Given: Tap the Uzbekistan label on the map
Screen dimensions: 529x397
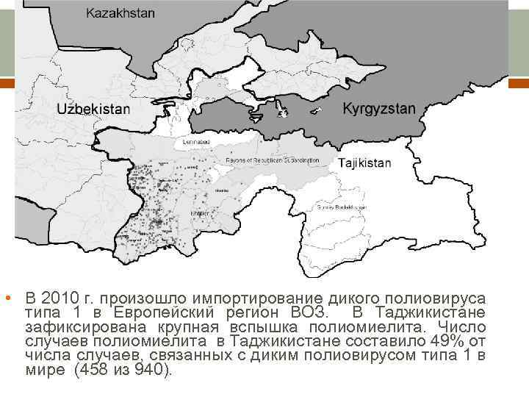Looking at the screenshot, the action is click(93, 108).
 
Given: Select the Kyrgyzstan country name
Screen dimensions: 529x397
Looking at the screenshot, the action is click(378, 108).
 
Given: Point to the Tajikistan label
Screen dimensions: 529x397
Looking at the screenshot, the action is click(364, 162).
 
